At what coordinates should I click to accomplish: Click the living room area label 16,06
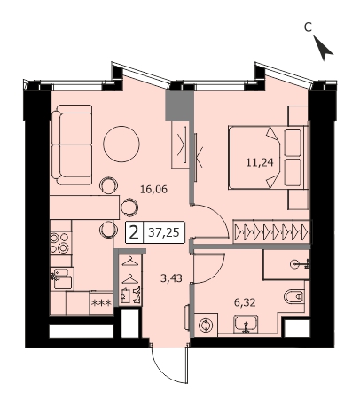[x=153, y=189]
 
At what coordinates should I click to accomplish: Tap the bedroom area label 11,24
[x=260, y=162]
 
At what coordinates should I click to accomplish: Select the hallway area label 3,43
[x=171, y=278]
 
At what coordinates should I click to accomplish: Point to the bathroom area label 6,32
[x=245, y=302]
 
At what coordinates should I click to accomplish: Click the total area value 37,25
[x=164, y=233]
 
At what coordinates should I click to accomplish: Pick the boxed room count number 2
[x=134, y=232]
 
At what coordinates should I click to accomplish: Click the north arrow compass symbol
[x=323, y=48]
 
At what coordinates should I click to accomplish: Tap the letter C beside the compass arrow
[x=308, y=27]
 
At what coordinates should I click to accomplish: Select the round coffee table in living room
[x=121, y=144]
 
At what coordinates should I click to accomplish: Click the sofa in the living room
[x=72, y=145]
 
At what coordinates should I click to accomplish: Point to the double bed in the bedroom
[x=268, y=157]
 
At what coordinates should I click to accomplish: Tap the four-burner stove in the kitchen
[x=59, y=243]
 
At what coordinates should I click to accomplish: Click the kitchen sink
[x=61, y=278]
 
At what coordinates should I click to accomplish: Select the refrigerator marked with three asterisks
[x=101, y=302]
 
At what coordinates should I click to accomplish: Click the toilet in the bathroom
[x=294, y=296]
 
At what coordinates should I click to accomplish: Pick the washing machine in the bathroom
[x=206, y=325]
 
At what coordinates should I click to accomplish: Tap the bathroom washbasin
[x=246, y=325]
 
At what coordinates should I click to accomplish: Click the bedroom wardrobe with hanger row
[x=271, y=231]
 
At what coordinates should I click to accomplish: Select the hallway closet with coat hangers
[x=130, y=279]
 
